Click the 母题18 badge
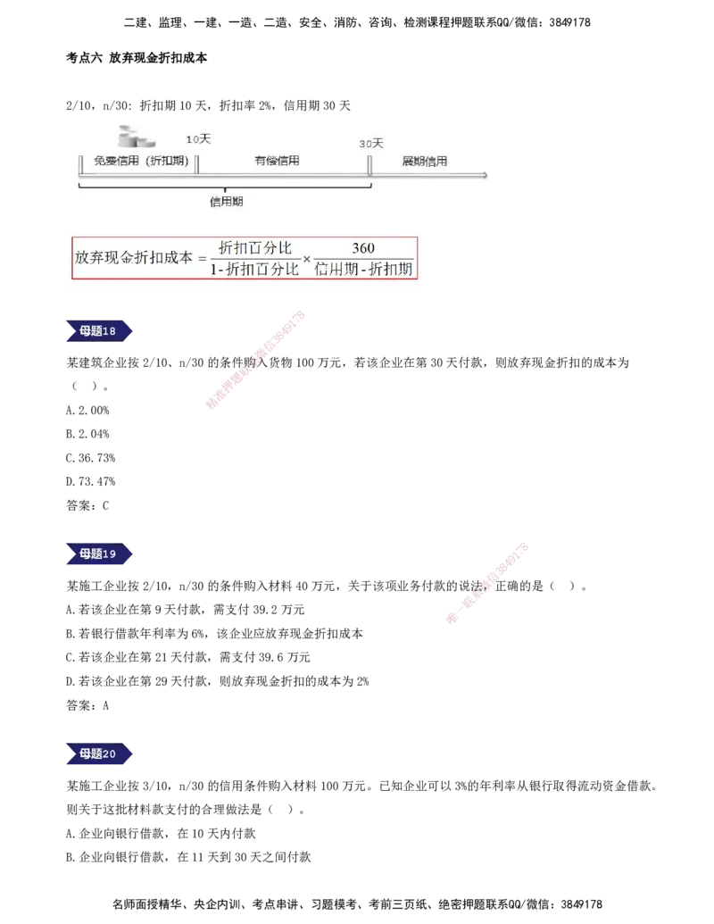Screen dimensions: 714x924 pos(98,331)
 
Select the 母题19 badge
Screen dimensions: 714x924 pos(98,554)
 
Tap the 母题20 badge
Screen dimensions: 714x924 pos(98,754)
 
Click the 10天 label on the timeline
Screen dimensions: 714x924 pos(197,139)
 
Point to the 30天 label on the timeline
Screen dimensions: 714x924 pos(370,143)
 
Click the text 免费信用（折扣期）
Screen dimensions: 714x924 pos(141,162)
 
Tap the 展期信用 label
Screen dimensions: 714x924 pos(424,162)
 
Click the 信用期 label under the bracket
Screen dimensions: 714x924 pos(226,202)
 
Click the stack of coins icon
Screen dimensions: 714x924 pos(136,137)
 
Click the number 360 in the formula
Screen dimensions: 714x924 pos(363,248)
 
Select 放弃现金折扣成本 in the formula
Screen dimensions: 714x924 pos(133,257)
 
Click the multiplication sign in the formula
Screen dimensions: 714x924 pos(307,259)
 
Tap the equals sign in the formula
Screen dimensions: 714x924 pos(202,258)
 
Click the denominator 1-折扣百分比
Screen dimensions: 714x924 pos(254,269)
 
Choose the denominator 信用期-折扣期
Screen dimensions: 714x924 pos(364,269)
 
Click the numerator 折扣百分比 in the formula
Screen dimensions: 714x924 pos(255,247)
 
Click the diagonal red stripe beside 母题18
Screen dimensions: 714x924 pos(256,360)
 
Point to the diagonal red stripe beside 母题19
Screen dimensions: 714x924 pos(486,582)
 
